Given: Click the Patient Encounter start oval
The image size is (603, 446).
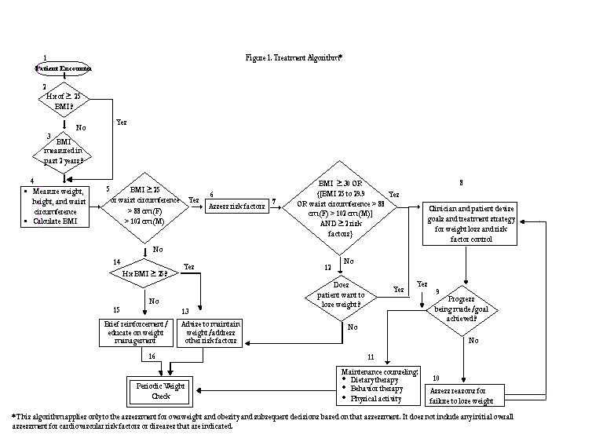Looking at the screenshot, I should point(64,68).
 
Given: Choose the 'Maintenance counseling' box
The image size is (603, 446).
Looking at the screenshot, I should point(378,382).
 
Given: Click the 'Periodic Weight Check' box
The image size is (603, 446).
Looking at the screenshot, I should point(160,390).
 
